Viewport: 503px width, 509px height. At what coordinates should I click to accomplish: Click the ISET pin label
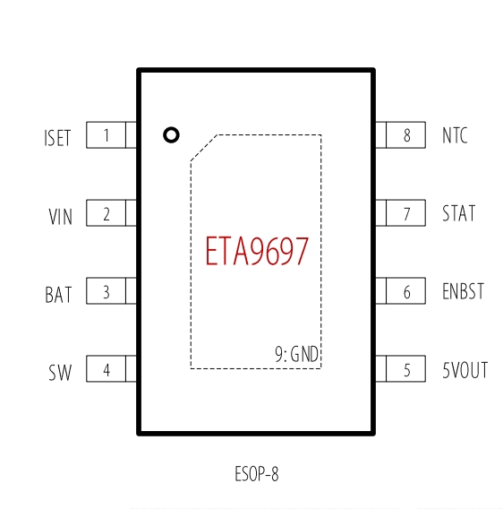tap(57, 138)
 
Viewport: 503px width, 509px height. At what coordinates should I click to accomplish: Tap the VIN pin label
tap(60, 217)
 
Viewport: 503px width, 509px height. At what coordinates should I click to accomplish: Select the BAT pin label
tap(58, 295)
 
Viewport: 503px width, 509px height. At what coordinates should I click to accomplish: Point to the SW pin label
tap(60, 373)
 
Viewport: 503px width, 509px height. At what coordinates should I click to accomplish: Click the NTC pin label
tap(455, 135)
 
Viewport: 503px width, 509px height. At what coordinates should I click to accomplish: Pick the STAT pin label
tap(459, 213)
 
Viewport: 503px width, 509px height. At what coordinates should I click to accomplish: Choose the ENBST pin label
tap(463, 291)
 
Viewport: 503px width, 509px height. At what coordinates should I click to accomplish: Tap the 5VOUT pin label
tap(465, 370)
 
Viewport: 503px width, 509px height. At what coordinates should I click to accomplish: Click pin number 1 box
tap(106, 135)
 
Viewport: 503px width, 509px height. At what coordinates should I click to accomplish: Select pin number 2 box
tap(106, 213)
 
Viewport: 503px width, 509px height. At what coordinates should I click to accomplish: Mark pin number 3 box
tap(106, 291)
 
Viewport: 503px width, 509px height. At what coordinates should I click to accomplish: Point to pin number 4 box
tap(106, 369)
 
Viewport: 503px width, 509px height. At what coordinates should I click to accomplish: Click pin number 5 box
tap(406, 369)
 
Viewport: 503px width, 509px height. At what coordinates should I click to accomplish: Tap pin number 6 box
tap(406, 291)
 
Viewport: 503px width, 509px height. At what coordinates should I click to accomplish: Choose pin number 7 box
tap(406, 213)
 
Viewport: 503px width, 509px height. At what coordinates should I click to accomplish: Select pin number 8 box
tap(406, 135)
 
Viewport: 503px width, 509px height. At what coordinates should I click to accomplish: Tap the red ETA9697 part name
tap(257, 251)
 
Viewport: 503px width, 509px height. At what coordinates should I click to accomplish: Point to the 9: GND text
tap(297, 354)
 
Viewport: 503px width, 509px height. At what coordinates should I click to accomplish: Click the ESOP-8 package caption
tap(257, 474)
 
